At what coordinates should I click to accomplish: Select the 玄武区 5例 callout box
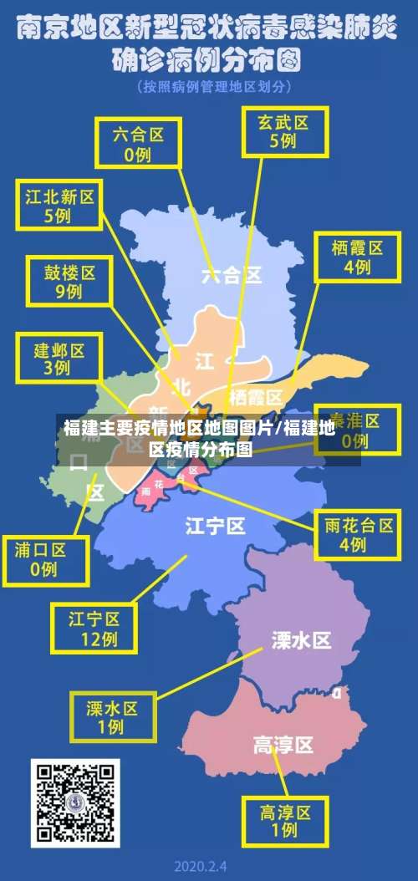[283, 130]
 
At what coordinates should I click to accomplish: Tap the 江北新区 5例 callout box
[59, 206]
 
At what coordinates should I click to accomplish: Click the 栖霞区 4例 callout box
[356, 257]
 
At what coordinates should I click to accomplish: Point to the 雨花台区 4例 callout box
[358, 534]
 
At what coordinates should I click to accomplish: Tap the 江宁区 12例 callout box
[94, 629]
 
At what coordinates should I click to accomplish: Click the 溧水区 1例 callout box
[112, 716]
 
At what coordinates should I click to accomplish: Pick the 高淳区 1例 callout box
[285, 820]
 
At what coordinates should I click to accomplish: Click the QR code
[75, 802]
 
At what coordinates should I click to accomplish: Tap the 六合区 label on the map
[232, 274]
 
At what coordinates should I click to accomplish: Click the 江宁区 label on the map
[215, 526]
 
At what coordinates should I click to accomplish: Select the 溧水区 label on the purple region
[301, 640]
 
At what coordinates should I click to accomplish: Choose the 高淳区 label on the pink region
[283, 744]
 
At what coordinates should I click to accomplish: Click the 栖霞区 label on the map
[255, 395]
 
